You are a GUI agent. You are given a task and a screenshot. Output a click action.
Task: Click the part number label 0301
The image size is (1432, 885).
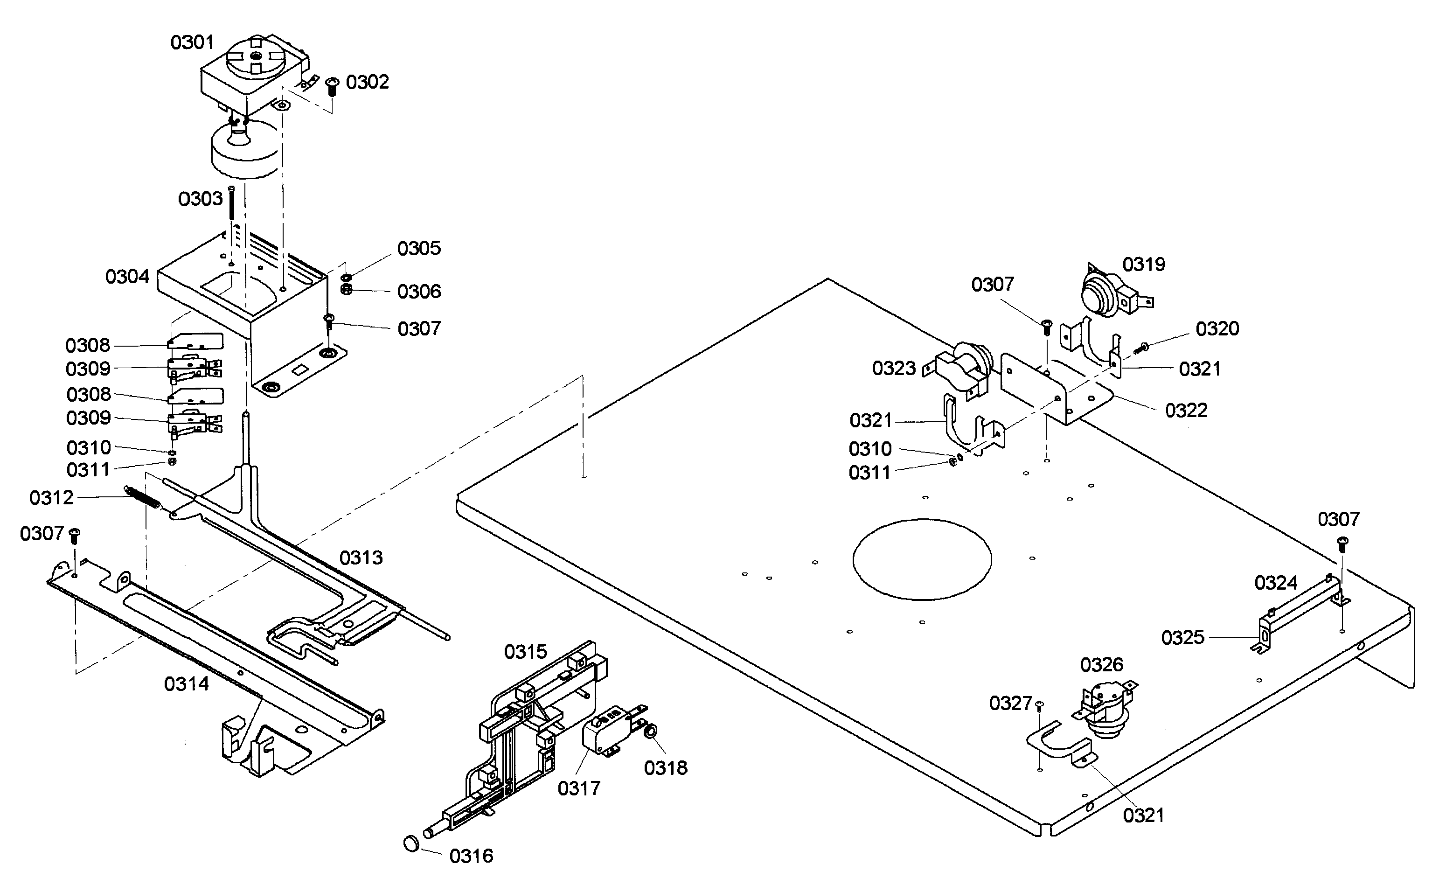[x=192, y=43]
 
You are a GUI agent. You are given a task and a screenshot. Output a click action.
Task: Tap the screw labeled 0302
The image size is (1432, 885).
[x=333, y=87]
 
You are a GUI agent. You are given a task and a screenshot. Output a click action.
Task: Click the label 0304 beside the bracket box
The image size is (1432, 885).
[x=127, y=277]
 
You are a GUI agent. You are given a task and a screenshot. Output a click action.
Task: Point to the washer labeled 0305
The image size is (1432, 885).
[x=346, y=277]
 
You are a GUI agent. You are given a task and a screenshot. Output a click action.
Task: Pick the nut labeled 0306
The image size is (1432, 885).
[x=346, y=290]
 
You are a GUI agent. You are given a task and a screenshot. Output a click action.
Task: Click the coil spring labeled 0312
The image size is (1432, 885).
[x=142, y=497]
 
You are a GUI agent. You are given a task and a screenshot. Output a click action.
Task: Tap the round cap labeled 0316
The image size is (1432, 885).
[x=412, y=844]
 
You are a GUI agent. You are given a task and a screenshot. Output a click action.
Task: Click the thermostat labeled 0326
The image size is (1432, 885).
[x=1103, y=710]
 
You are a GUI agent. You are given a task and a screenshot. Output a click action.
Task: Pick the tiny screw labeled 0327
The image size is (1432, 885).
[x=1039, y=705]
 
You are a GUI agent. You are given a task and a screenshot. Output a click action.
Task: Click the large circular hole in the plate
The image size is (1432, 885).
[x=922, y=559]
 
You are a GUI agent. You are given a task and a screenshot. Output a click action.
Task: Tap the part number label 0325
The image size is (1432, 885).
[x=1183, y=637]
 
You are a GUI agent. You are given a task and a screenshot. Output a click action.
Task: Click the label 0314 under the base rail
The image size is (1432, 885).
[x=186, y=683]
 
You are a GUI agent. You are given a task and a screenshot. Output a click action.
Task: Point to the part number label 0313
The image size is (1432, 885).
[x=361, y=558]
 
